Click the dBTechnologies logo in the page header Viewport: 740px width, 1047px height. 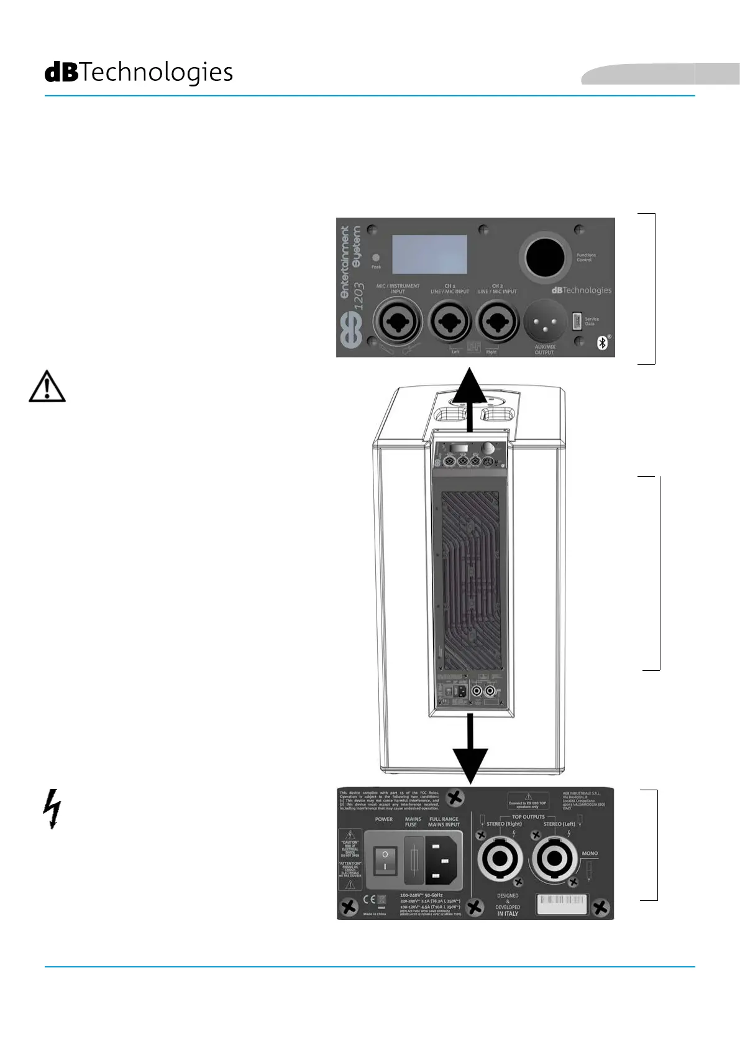pos(139,73)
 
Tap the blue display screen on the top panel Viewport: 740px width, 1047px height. pos(429,255)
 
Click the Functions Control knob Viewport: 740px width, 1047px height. pos(545,257)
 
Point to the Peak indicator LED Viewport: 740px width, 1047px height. pos(376,257)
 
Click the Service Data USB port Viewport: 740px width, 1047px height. pos(577,321)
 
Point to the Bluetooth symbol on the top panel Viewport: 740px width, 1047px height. pos(602,342)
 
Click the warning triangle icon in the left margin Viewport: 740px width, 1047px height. pos(47,387)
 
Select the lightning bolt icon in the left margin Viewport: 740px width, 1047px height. pos(53,809)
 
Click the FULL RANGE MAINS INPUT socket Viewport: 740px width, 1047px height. pos(442,860)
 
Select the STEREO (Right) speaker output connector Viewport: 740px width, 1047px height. pos(500,859)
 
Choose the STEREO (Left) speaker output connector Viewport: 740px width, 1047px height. pos(555,859)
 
